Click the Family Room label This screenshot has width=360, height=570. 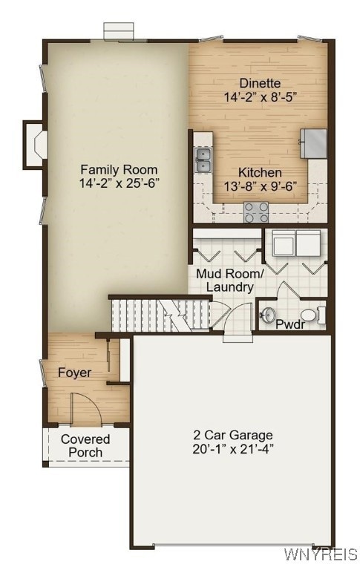point(120,169)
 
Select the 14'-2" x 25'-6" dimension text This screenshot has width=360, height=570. point(120,183)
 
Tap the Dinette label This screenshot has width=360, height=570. point(260,83)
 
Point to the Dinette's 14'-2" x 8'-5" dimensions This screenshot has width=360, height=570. point(261,96)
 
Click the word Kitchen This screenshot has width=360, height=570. point(260,173)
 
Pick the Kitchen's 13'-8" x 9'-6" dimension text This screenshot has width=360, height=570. point(260,186)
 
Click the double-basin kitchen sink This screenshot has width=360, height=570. point(203,159)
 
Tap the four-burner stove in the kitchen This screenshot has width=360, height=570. point(257,212)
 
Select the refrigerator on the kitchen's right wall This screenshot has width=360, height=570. point(314,142)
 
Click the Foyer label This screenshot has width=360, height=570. point(75,373)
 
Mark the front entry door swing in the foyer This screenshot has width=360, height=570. point(80,409)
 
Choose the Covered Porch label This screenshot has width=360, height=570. point(85,445)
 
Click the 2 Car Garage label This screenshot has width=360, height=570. point(233,435)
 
